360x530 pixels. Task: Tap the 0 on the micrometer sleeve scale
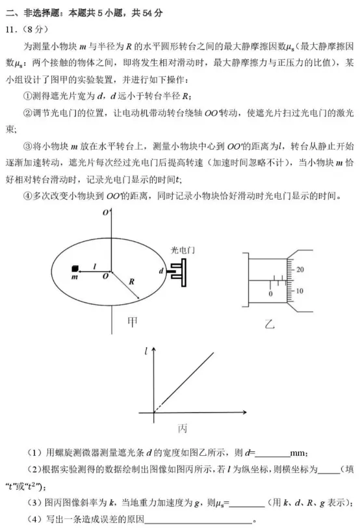(x=270, y=294)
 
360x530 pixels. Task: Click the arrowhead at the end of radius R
(x=138, y=299)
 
